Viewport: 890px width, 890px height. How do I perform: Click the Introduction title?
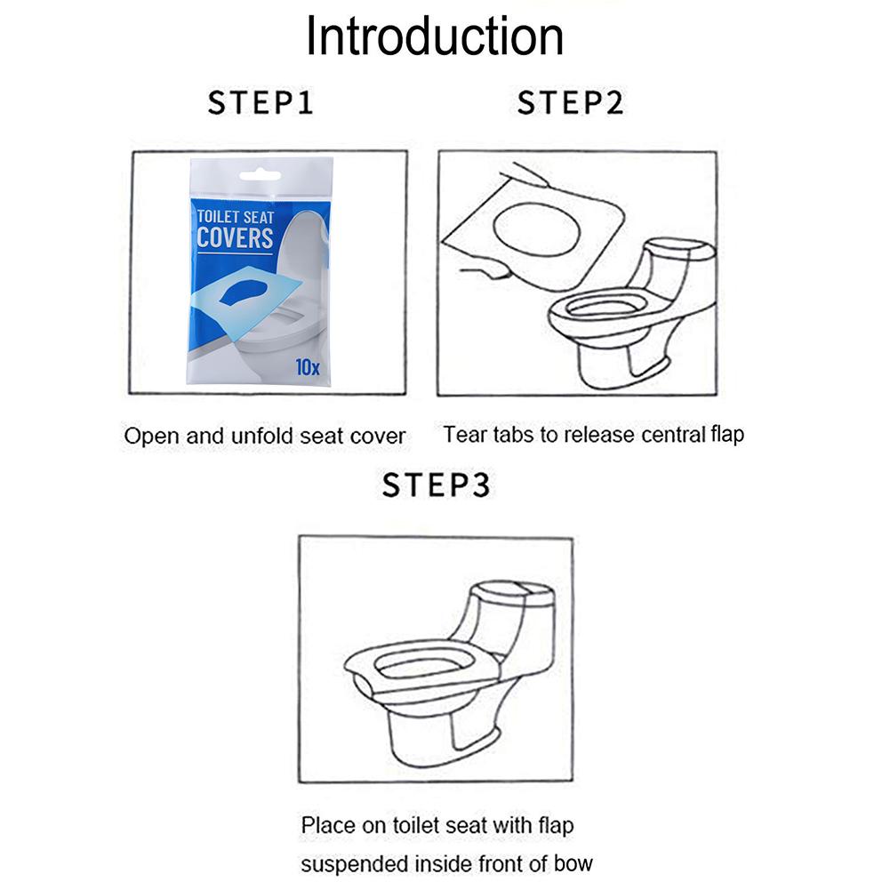435,37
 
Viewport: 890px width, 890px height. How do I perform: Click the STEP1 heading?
261,103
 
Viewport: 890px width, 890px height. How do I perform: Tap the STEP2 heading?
570,103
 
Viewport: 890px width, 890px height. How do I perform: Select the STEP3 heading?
436,485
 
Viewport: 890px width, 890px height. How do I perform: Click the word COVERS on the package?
235,238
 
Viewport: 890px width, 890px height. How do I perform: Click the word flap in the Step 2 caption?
725,435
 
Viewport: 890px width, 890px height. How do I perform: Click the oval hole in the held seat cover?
536,227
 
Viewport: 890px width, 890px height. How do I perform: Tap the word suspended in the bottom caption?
350,863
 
